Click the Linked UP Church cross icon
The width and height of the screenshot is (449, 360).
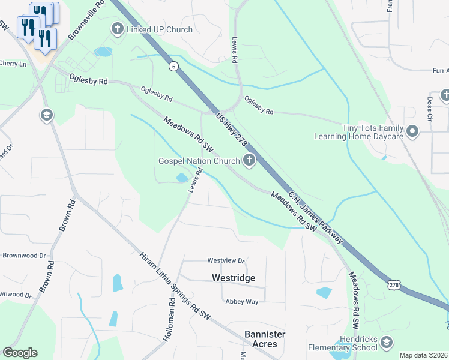click(x=117, y=29)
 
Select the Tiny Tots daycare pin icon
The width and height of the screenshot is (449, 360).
click(x=412, y=131)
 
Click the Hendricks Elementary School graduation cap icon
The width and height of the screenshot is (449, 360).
click(x=387, y=342)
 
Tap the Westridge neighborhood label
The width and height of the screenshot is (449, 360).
click(x=234, y=278)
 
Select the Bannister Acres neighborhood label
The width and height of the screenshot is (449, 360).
click(x=265, y=339)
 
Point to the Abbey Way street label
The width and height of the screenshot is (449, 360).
click(x=241, y=302)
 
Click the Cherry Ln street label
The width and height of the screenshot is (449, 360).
click(x=13, y=64)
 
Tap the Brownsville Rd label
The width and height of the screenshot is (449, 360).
click(x=87, y=21)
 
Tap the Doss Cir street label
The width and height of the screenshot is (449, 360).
click(x=430, y=109)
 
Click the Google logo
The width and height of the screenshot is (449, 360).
click(x=20, y=353)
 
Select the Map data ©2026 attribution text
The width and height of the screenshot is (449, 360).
click(x=423, y=355)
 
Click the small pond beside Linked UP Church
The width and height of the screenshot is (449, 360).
click(x=103, y=52)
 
